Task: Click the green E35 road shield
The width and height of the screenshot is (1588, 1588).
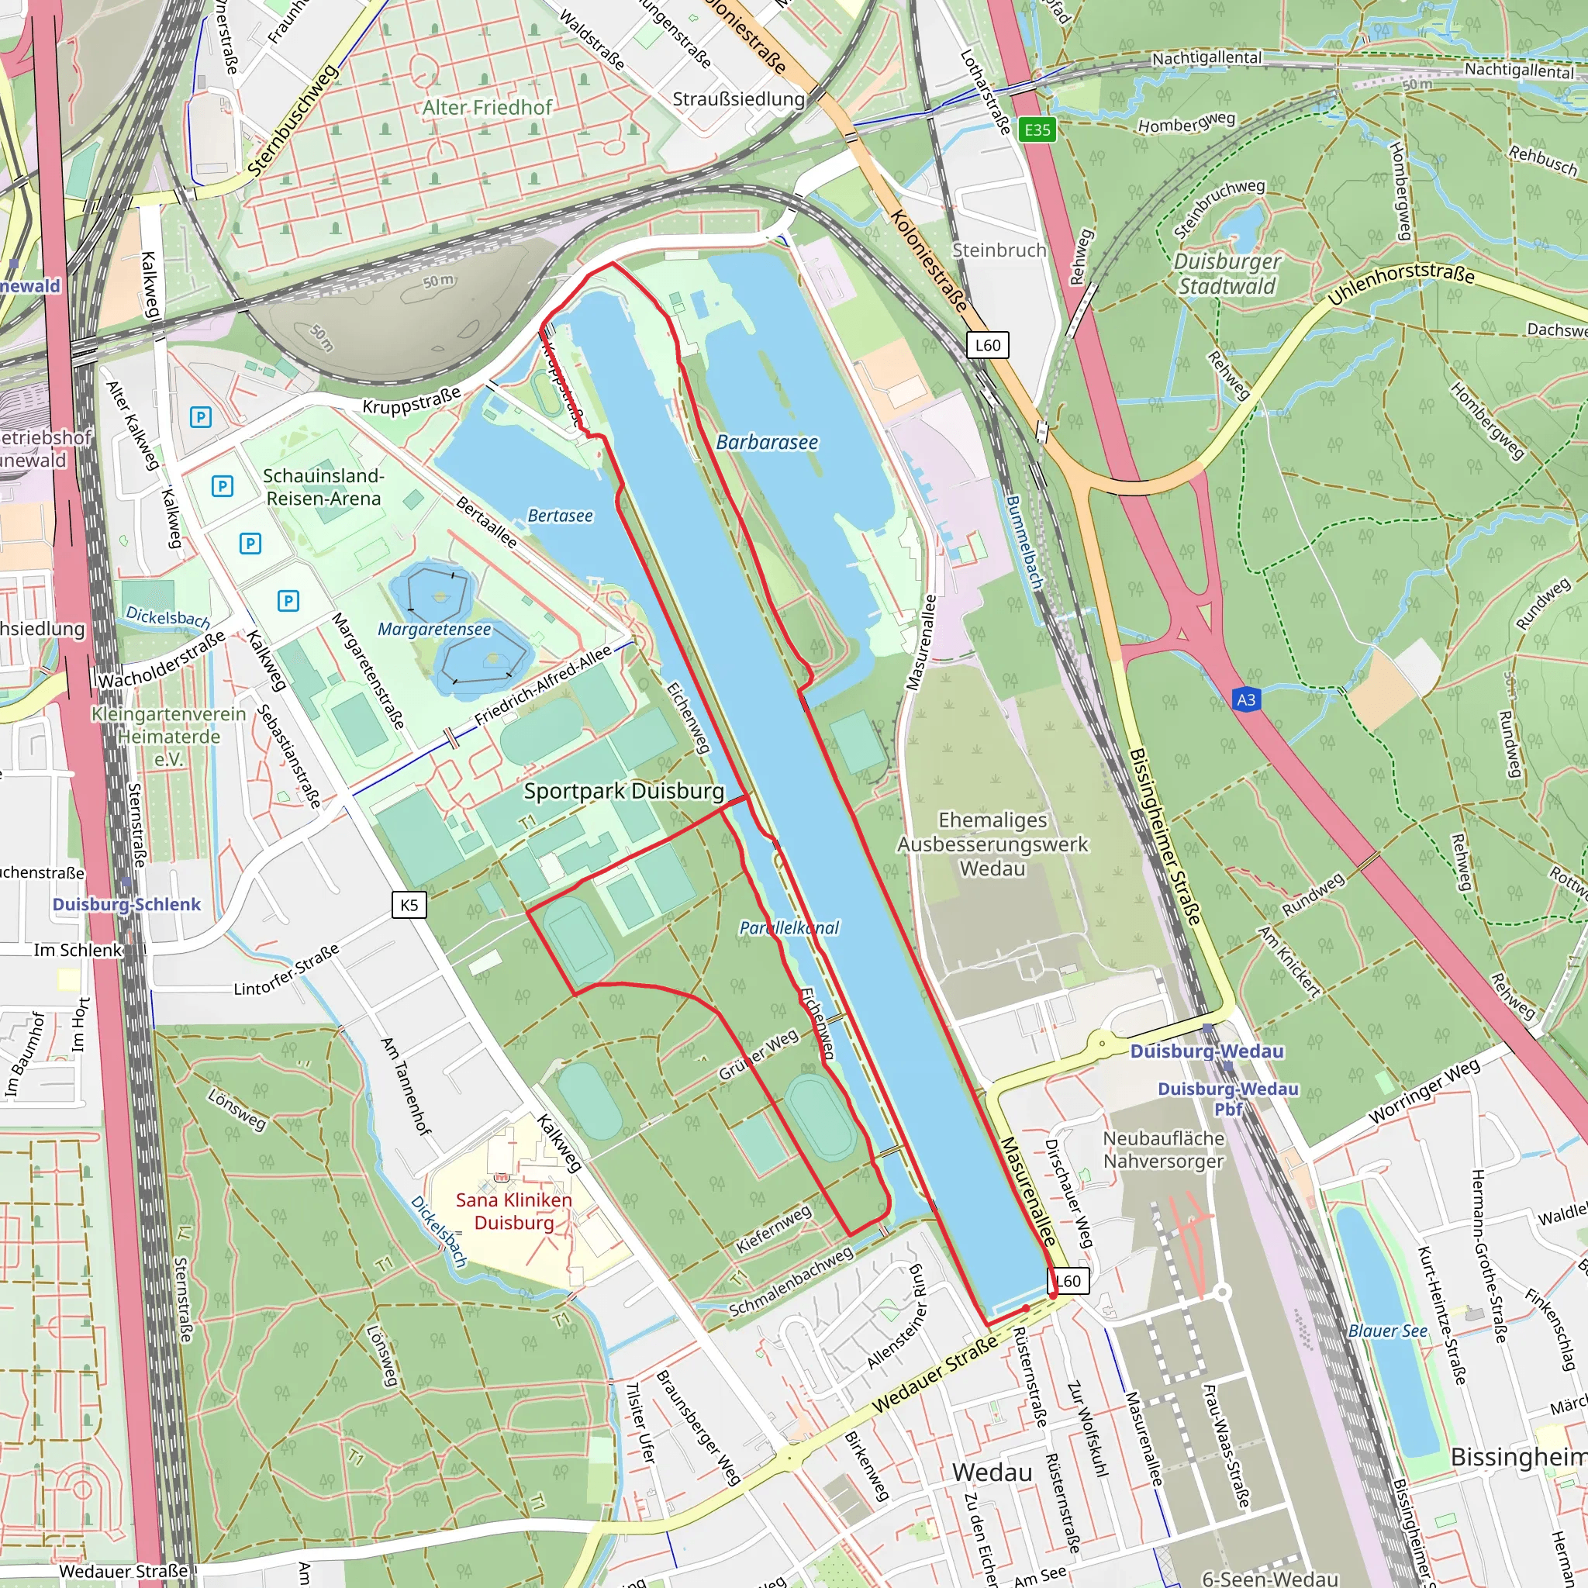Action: pos(1037,129)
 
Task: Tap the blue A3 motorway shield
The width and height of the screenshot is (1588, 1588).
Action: pos(1246,699)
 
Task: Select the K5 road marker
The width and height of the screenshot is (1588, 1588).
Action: pos(409,905)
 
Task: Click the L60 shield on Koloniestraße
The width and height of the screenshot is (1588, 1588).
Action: pos(987,345)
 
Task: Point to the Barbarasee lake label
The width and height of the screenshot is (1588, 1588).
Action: pos(767,442)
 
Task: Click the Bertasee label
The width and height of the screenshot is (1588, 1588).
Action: pos(560,516)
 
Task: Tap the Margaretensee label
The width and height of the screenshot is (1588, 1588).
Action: pos(434,629)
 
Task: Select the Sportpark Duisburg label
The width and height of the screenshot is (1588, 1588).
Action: pos(624,791)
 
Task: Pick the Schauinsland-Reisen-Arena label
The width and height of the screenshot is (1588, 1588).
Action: pos(323,487)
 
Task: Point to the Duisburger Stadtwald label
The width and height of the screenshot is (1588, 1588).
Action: pos(1227,274)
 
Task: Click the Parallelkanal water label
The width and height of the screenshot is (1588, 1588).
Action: pos(789,927)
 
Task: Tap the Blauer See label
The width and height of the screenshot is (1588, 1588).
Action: pos(1387,1331)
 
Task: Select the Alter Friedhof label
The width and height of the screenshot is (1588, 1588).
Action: pos(488,107)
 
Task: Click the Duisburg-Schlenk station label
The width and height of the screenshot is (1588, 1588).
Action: pos(126,904)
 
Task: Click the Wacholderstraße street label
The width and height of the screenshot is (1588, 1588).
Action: pos(162,659)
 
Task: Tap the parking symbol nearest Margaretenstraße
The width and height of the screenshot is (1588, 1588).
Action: pos(288,601)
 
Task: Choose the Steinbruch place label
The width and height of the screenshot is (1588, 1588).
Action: pos(999,250)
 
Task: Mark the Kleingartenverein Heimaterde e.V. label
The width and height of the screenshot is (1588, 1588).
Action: pos(168,737)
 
